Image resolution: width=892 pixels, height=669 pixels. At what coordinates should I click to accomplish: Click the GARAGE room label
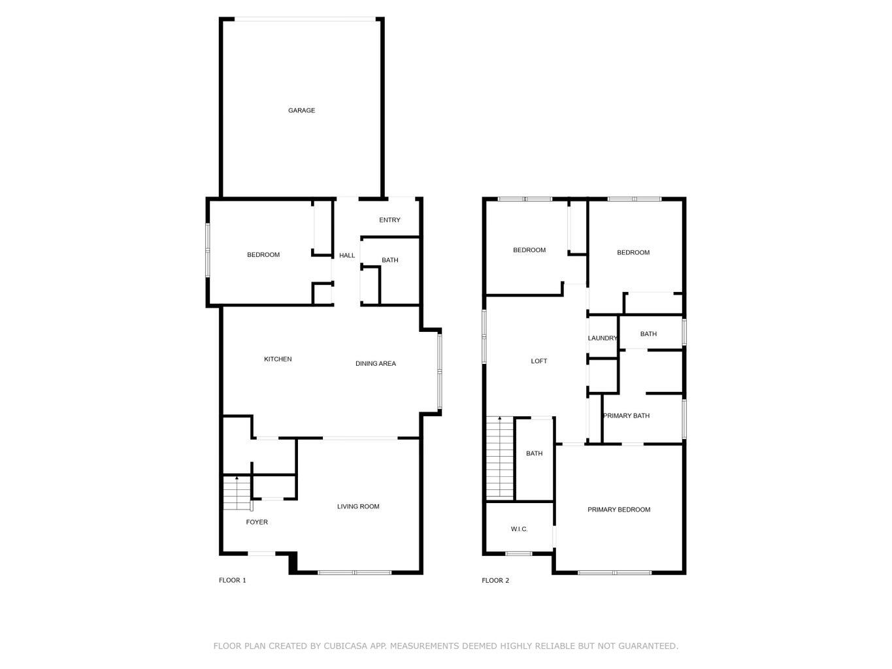click(301, 110)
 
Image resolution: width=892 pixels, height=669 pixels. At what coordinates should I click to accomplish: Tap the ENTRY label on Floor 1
click(389, 220)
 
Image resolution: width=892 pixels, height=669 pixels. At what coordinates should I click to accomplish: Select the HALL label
click(347, 255)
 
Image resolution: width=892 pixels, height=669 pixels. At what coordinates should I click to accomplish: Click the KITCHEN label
click(278, 359)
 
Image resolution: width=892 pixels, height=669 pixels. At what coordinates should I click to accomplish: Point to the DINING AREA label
click(375, 364)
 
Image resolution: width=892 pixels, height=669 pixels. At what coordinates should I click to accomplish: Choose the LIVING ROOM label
click(358, 506)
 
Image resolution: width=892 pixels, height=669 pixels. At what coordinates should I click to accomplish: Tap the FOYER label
click(257, 522)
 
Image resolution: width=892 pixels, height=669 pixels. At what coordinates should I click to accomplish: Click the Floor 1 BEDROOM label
click(263, 255)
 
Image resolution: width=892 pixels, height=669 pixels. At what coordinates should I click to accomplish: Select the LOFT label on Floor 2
click(538, 361)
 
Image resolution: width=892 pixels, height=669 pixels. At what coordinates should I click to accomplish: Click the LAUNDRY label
click(603, 338)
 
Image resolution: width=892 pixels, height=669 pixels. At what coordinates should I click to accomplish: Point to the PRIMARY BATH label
click(626, 416)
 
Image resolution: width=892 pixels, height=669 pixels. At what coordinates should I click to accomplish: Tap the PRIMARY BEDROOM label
click(619, 510)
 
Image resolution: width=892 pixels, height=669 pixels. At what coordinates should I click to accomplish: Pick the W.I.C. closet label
click(519, 529)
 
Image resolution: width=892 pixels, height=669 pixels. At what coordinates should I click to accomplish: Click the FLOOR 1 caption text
click(232, 580)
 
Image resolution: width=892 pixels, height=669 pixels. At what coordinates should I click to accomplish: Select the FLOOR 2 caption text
click(495, 580)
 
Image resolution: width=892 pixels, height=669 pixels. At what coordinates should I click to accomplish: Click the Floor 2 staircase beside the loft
click(499, 457)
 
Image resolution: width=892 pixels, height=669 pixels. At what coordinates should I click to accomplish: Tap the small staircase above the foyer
click(236, 493)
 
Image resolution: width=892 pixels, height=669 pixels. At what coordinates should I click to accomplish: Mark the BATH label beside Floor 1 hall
click(390, 260)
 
